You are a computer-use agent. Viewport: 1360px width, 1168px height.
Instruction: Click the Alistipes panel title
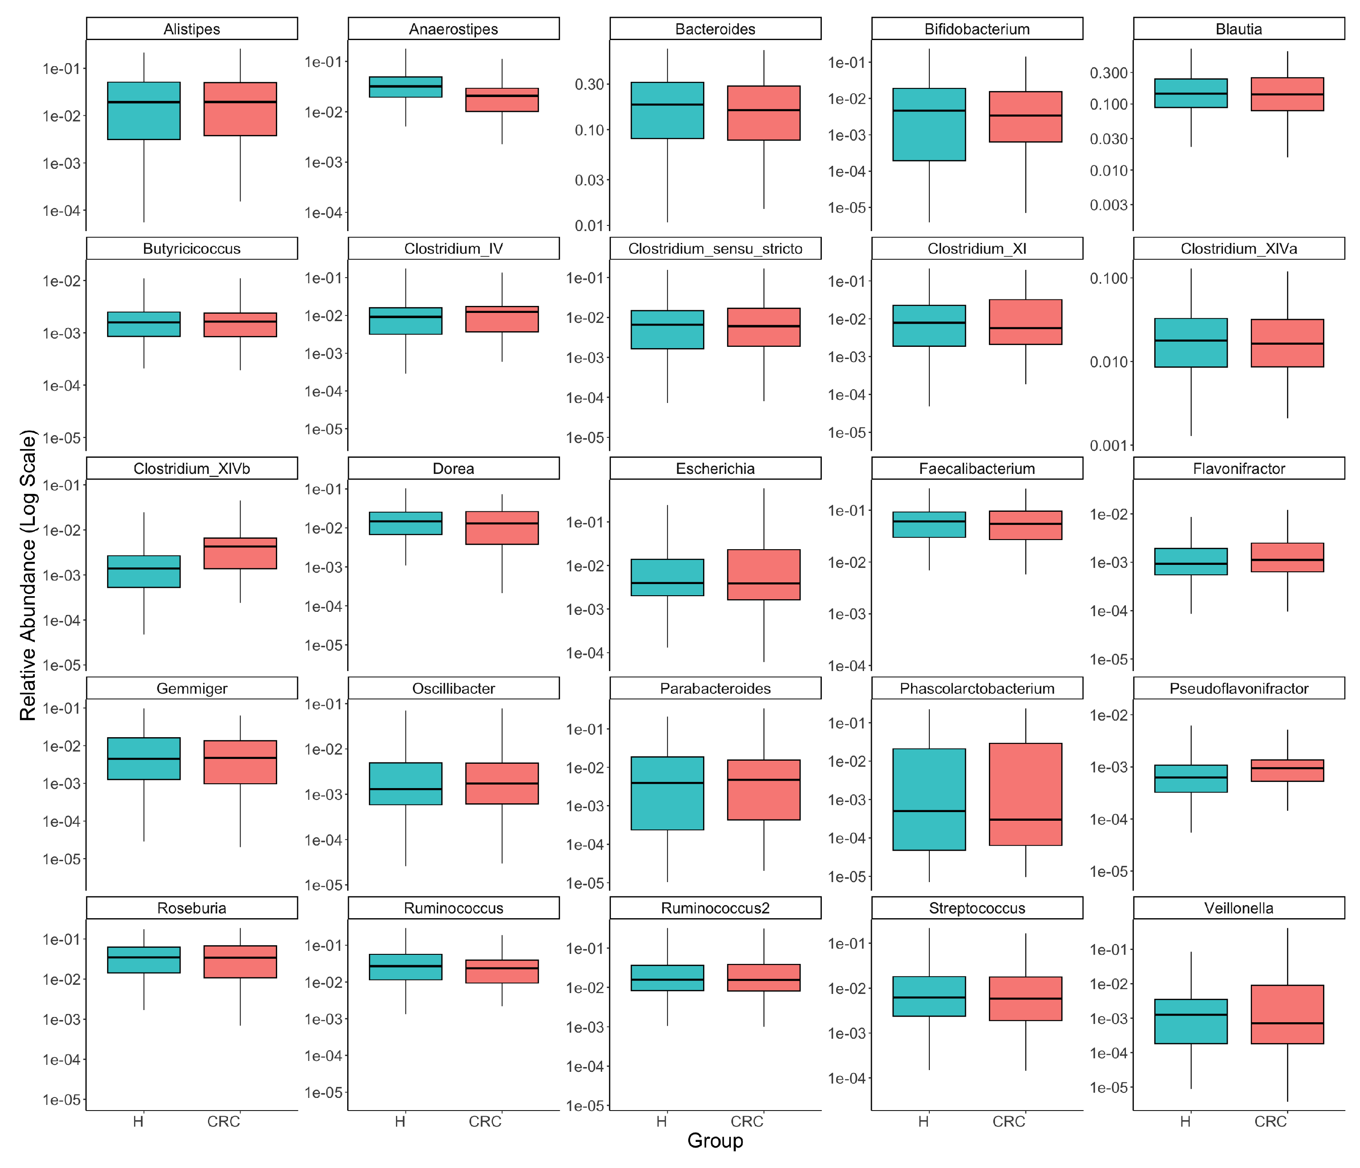point(192,29)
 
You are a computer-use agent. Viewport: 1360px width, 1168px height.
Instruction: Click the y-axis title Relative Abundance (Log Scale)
point(27,575)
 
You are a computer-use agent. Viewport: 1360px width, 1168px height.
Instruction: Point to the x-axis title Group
point(715,1141)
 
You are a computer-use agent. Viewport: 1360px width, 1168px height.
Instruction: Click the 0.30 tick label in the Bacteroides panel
point(589,84)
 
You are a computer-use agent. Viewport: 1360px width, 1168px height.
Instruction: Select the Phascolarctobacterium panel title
point(977,688)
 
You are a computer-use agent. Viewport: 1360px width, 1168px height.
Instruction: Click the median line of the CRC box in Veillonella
point(1287,1023)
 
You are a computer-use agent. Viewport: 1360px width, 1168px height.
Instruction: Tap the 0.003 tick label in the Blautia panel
point(1109,205)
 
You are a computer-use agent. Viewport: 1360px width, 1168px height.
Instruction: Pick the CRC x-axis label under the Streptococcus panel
point(1008,1121)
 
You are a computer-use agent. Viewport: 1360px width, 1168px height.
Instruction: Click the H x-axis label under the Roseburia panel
point(138,1121)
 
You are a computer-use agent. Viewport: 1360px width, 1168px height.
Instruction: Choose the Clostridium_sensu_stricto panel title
point(715,249)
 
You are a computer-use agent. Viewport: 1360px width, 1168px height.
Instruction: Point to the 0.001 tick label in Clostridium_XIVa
point(1109,446)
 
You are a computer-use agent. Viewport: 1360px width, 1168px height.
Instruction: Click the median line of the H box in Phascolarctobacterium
point(929,811)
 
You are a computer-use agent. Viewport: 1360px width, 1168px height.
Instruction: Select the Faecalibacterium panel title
point(977,469)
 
